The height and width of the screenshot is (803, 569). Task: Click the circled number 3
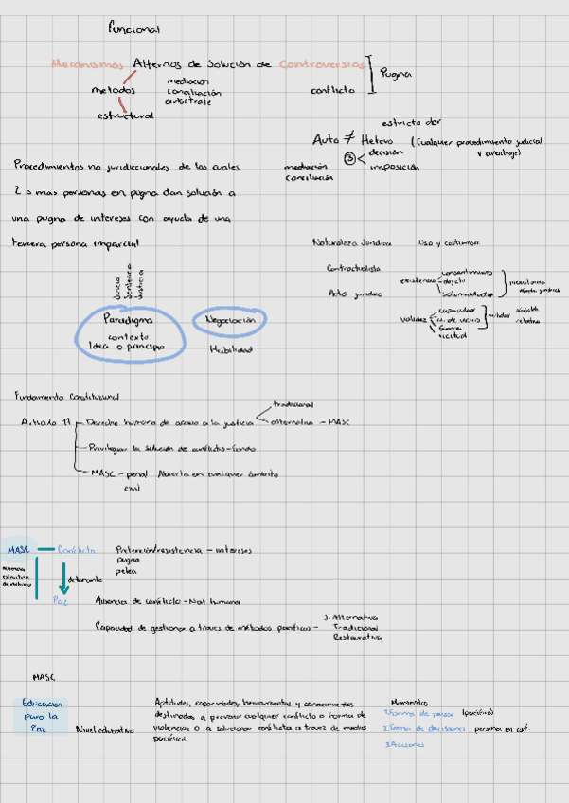click(349, 159)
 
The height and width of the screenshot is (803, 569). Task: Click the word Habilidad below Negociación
click(230, 349)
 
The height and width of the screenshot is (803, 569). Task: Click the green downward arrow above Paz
click(64, 577)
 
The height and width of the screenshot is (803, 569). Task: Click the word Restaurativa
click(356, 638)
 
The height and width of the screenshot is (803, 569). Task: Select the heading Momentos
click(409, 702)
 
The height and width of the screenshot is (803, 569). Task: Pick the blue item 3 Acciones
click(404, 744)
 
